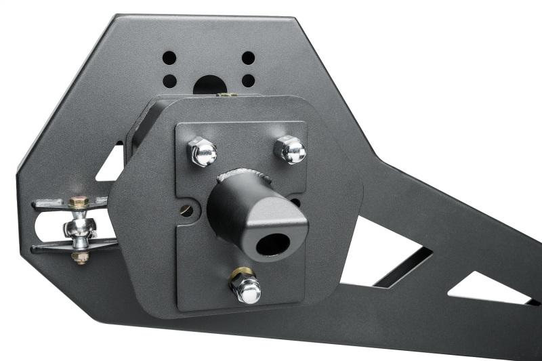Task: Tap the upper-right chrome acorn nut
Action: point(291,149)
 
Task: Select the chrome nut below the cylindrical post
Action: point(248,290)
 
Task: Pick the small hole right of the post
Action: point(296,201)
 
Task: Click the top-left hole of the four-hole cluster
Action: point(169,58)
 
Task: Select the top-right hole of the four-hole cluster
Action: point(249,58)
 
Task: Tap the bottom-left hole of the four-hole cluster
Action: point(169,81)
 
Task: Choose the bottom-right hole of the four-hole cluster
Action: point(249,81)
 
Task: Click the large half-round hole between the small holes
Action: point(209,85)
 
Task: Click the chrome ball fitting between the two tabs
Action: point(80,227)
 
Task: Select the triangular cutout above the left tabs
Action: point(112,167)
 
